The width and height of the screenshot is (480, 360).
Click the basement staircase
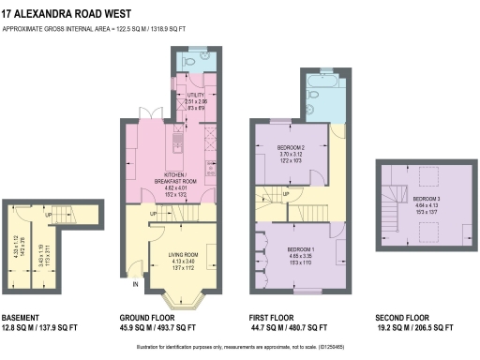(62, 216)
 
